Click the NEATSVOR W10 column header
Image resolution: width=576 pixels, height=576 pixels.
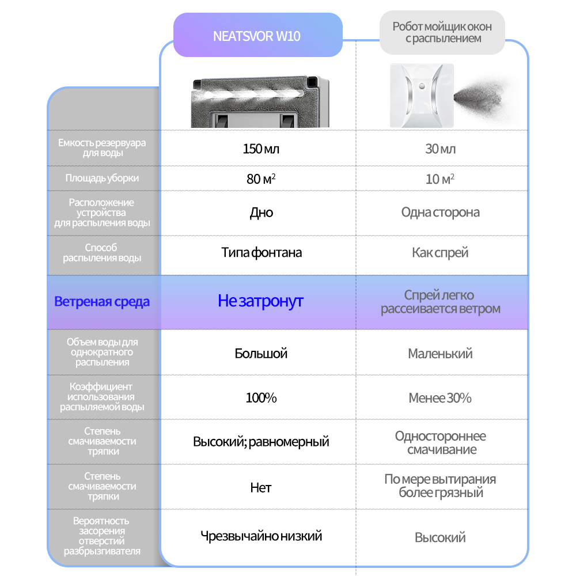pyautogui.click(x=257, y=36)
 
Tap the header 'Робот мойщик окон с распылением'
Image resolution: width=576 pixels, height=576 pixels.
pyautogui.click(x=441, y=33)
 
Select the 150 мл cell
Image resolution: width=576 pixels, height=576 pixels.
pyautogui.click(x=261, y=149)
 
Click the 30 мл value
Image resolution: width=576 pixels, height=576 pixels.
pyautogui.click(x=440, y=149)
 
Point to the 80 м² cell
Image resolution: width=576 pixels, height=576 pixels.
pyautogui.click(x=261, y=179)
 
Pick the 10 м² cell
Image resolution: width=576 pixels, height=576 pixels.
pyautogui.click(x=440, y=179)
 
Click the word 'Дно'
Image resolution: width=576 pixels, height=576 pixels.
pyautogui.click(x=261, y=213)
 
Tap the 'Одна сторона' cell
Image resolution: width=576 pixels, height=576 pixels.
pyautogui.click(x=440, y=213)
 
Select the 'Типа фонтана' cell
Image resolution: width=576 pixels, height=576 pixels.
pyautogui.click(x=261, y=253)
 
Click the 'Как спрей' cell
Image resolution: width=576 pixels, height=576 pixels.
pyautogui.click(x=440, y=253)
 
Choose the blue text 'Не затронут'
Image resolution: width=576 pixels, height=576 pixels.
pyautogui.click(x=260, y=301)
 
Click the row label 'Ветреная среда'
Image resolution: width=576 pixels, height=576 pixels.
pyautogui.click(x=102, y=302)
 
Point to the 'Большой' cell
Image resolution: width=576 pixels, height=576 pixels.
pyautogui.click(x=261, y=354)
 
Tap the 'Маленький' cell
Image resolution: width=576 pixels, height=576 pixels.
pyautogui.click(x=440, y=354)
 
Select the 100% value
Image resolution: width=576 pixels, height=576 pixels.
pyautogui.click(x=261, y=398)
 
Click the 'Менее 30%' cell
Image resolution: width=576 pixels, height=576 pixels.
pyautogui.click(x=440, y=398)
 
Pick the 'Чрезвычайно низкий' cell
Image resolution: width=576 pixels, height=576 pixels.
pyautogui.click(x=261, y=536)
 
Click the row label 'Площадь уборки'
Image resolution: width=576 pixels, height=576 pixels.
pyautogui.click(x=102, y=179)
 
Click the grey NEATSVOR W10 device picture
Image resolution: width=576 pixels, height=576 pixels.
pyautogui.click(x=261, y=101)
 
